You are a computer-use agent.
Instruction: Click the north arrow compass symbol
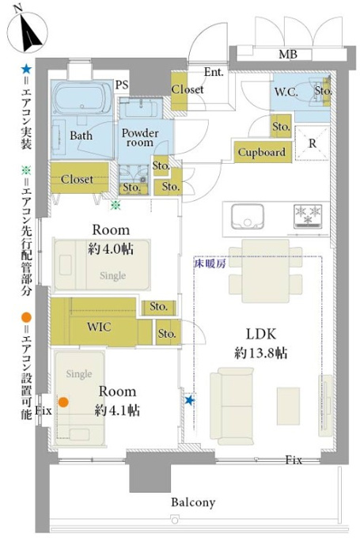pos(27,32)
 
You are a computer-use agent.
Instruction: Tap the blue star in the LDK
pos(189,400)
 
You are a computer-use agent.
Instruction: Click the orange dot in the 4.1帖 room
pos(63,402)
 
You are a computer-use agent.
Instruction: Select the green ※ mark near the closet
pos(116,205)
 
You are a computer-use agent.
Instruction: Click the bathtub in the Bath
pos(83,97)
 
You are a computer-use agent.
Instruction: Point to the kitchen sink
pos(247,216)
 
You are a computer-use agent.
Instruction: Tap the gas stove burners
pos(308,216)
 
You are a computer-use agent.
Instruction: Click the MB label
pos(287,55)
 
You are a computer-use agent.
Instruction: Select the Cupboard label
pos(262,152)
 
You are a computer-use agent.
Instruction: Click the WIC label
pos(99,326)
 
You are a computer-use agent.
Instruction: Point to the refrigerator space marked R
pos(312,143)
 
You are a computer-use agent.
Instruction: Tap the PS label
pos(122,85)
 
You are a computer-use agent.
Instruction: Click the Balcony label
pos(193,502)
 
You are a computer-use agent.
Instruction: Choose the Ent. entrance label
pos(214,72)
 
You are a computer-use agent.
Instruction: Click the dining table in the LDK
pos(265,271)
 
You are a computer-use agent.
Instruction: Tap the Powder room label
pos(140,138)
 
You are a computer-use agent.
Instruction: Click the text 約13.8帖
pos(260,353)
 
